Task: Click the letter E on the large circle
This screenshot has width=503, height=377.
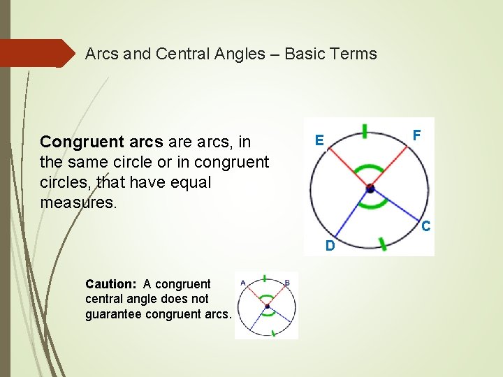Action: point(319,140)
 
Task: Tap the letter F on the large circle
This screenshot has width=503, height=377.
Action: point(417,134)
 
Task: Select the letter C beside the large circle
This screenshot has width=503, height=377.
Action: point(425,226)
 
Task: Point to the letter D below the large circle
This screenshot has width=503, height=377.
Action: point(329,246)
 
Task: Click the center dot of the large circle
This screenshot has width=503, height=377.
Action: point(370,188)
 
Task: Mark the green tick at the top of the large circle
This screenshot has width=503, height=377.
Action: point(365,131)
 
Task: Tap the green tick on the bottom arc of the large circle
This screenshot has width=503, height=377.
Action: point(382,243)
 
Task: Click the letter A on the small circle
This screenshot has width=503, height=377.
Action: point(242,282)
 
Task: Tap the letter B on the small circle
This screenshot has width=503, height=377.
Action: point(288,282)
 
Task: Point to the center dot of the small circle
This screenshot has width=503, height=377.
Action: point(267,306)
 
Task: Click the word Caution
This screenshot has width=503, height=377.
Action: point(110,284)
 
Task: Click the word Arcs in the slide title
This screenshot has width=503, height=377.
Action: point(102,54)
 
